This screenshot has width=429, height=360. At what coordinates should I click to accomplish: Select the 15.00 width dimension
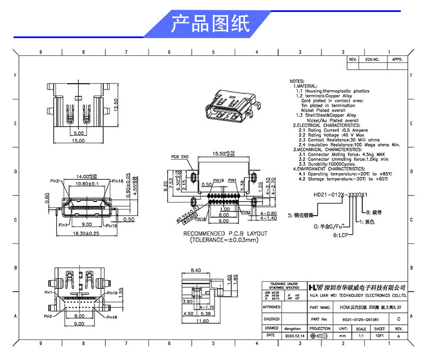coord(79,141)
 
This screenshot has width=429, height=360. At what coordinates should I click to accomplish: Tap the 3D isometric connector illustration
coord(230,106)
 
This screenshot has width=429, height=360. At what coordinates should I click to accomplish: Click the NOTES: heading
coord(297,80)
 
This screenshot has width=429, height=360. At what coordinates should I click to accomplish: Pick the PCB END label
coord(180,156)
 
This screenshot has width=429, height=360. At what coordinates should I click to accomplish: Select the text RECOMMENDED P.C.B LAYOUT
coord(225,233)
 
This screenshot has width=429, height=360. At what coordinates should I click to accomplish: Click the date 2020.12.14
coord(294,336)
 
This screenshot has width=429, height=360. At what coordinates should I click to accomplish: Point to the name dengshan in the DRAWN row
coord(294,328)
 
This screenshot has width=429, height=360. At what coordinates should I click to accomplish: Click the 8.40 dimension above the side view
coord(195,270)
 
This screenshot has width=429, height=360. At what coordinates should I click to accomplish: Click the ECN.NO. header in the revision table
coord(371,59)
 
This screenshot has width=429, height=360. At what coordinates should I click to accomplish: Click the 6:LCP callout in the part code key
coord(340,236)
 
